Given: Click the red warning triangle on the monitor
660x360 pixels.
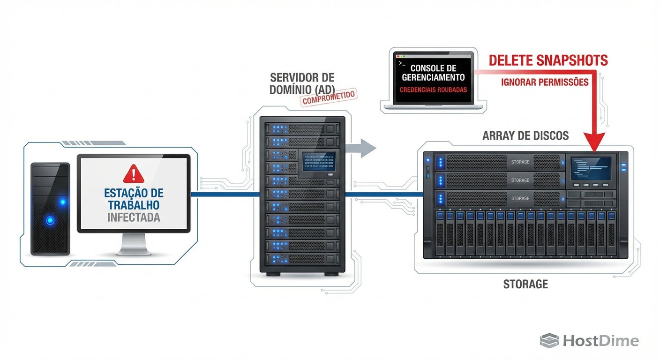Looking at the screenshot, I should click(134, 173).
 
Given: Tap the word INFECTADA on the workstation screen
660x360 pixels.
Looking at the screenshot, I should click(134, 217).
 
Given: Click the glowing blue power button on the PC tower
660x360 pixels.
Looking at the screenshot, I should click(50, 220).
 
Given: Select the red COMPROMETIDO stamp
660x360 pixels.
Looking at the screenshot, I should click(329, 97).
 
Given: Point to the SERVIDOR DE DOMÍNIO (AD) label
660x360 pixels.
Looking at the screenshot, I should click(302, 83).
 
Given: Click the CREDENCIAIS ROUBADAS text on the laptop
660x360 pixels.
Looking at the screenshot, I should click(433, 90).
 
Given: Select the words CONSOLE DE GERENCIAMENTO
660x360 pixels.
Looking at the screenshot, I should click(433, 73).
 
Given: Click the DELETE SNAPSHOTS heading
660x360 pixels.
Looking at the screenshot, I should click(548, 60).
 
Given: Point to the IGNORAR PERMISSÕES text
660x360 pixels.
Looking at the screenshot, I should click(544, 82).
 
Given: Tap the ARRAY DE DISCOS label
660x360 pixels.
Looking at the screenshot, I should click(525, 136).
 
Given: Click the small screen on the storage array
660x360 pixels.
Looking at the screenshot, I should click(591, 168).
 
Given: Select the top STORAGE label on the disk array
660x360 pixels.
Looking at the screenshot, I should click(520, 162).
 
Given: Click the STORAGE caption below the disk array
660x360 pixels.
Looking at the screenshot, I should click(525, 284).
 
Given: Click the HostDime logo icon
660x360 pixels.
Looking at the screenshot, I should click(549, 341).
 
